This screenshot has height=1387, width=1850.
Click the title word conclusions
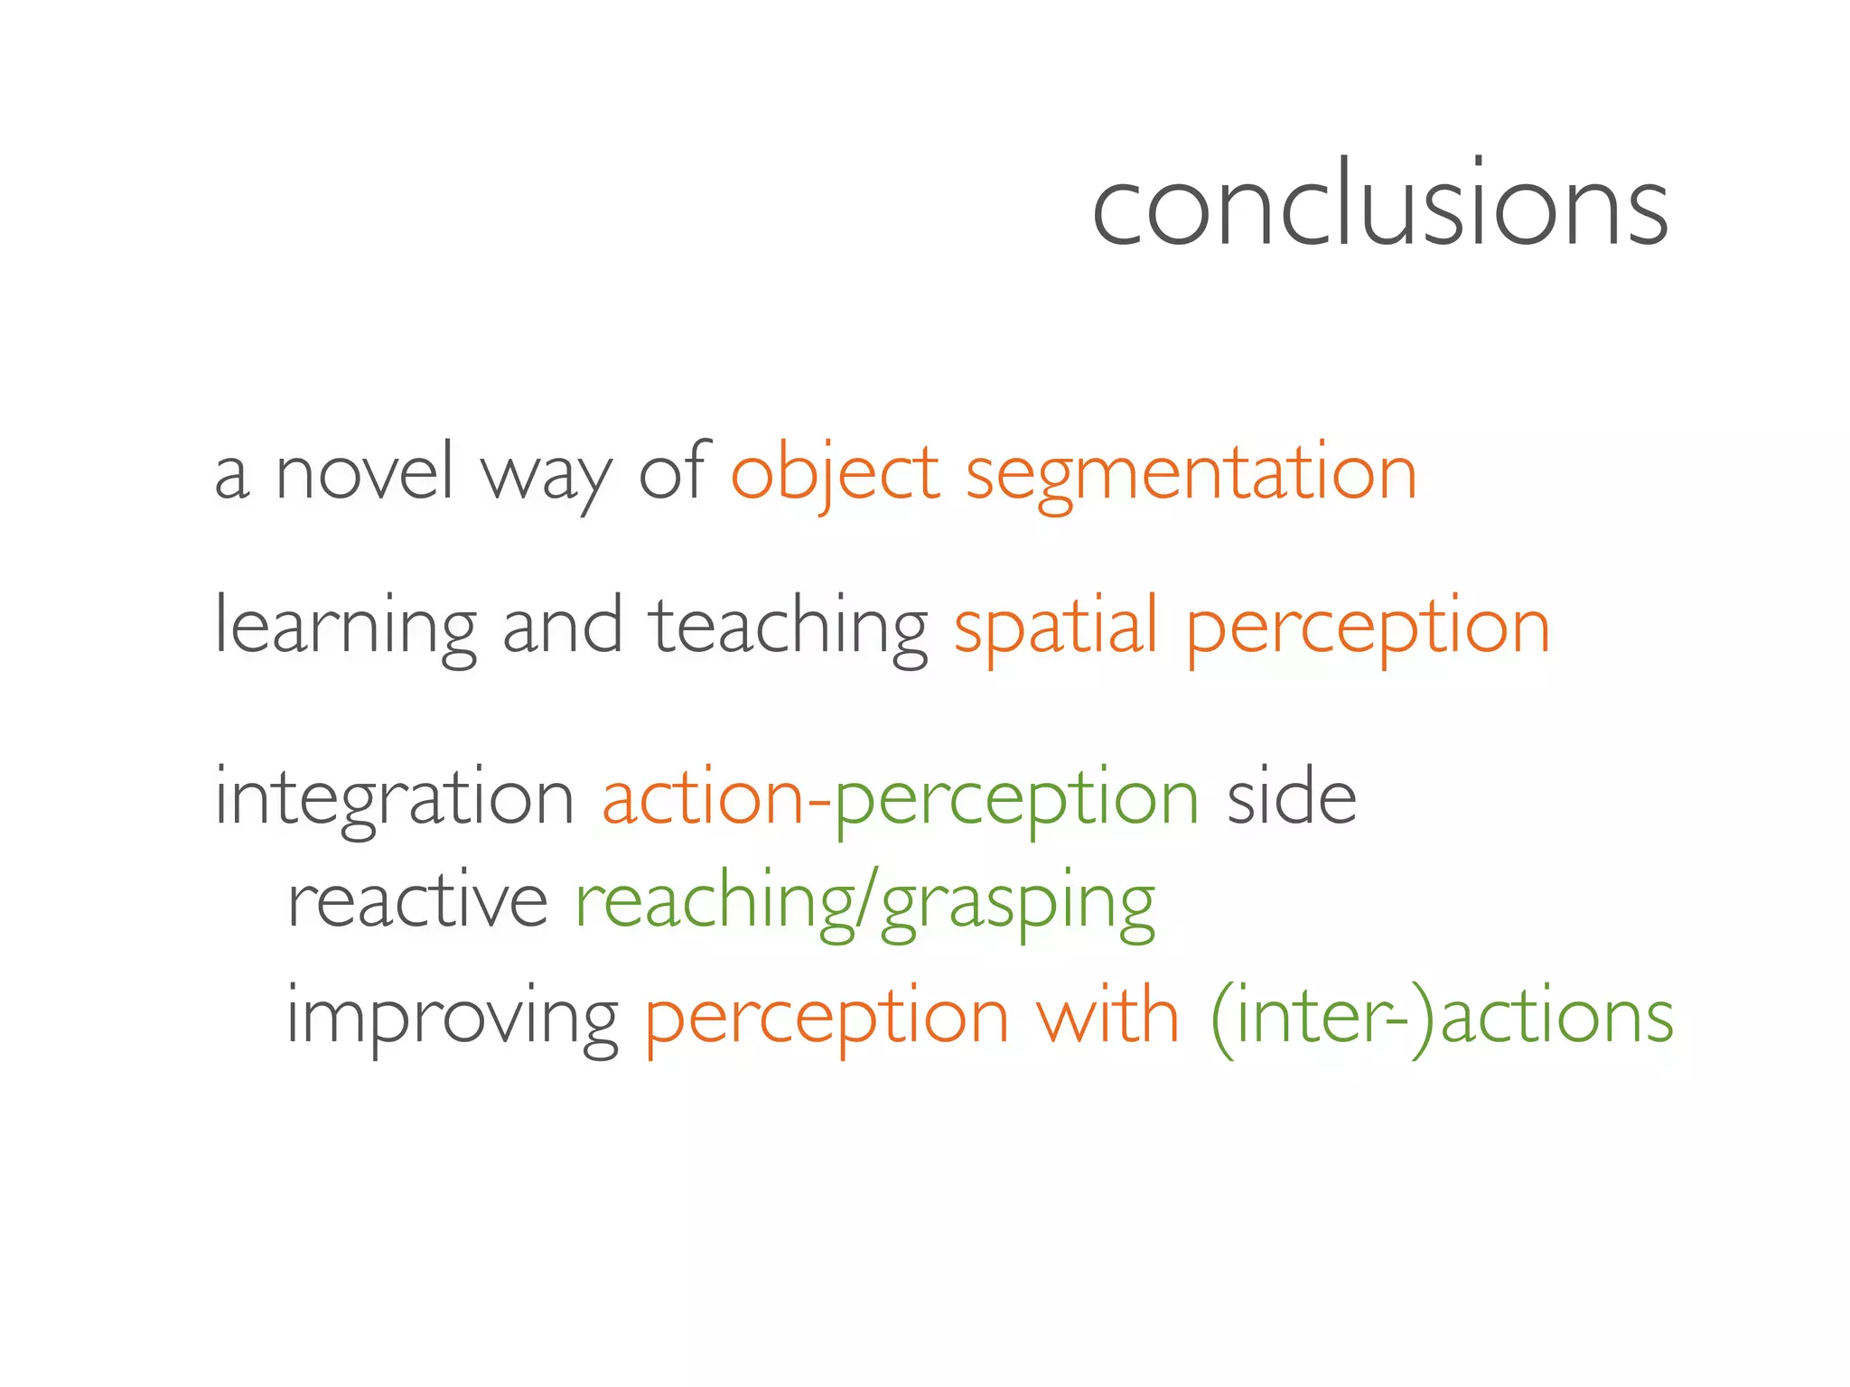[1379, 206]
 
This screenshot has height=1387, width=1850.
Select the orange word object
[836, 473]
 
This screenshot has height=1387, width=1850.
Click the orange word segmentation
[1191, 475]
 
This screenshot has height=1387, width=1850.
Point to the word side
[1292, 796]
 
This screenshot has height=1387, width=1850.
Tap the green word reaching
[715, 901]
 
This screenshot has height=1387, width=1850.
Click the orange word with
[1107, 1016]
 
